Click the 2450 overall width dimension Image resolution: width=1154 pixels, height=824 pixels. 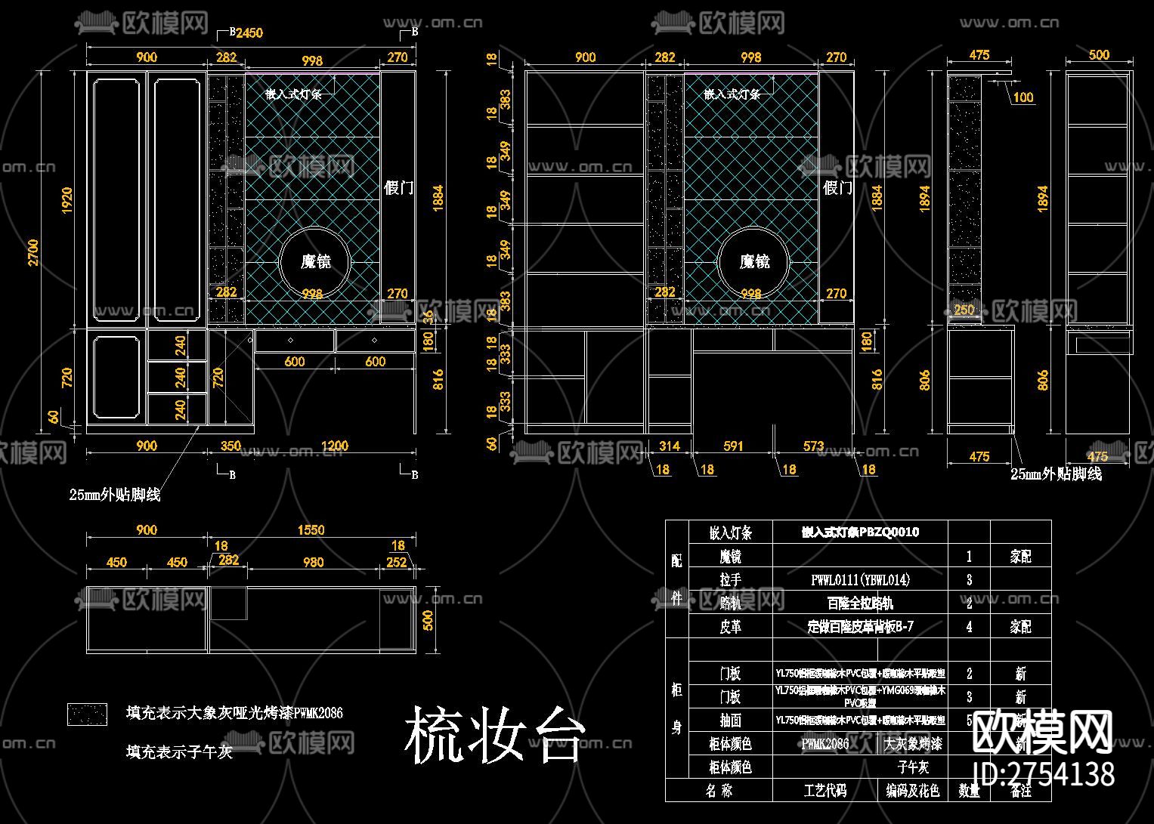249,32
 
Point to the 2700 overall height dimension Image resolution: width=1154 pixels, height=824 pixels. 33,252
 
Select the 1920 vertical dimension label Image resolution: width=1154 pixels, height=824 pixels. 67,200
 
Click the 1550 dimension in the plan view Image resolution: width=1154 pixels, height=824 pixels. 311,530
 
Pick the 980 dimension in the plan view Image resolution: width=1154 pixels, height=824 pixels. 313,562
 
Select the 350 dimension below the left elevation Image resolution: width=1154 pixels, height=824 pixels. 231,446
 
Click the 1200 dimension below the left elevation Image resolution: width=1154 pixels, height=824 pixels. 334,446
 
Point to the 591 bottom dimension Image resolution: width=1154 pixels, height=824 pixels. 733,446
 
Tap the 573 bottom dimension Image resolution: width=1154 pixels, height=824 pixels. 813,446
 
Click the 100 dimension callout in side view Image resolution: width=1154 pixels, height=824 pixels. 1023,97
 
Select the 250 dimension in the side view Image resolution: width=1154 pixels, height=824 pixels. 964,310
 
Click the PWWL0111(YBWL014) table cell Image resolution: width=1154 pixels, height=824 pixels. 860,580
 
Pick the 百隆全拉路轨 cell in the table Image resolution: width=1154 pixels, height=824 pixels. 860,603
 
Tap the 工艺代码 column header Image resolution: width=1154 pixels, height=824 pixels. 825,791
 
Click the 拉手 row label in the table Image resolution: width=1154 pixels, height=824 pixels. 730,580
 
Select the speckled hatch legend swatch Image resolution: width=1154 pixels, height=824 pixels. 88,714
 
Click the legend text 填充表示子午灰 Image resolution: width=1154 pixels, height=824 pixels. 179,751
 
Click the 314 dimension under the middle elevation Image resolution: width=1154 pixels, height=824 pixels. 670,446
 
